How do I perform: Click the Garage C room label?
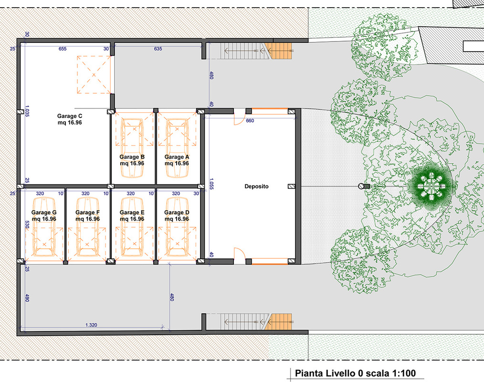click(x=70, y=119)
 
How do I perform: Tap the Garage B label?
click(x=132, y=160)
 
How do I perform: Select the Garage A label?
click(x=177, y=160)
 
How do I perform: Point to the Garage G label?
click(x=44, y=215)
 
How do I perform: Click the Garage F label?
click(x=88, y=215)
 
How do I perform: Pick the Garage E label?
click(x=132, y=215)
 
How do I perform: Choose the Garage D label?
click(x=177, y=215)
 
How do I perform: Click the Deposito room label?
click(x=256, y=187)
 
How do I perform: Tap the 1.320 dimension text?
click(x=91, y=325)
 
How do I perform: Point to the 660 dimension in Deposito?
click(x=250, y=121)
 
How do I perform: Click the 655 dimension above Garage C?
click(x=63, y=49)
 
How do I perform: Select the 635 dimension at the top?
click(x=158, y=49)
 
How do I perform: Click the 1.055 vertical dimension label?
click(x=211, y=183)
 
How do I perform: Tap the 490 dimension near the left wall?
click(x=27, y=298)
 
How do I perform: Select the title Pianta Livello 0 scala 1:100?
click(x=355, y=373)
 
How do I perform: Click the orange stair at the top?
click(x=278, y=51)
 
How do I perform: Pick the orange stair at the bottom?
click(x=278, y=321)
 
